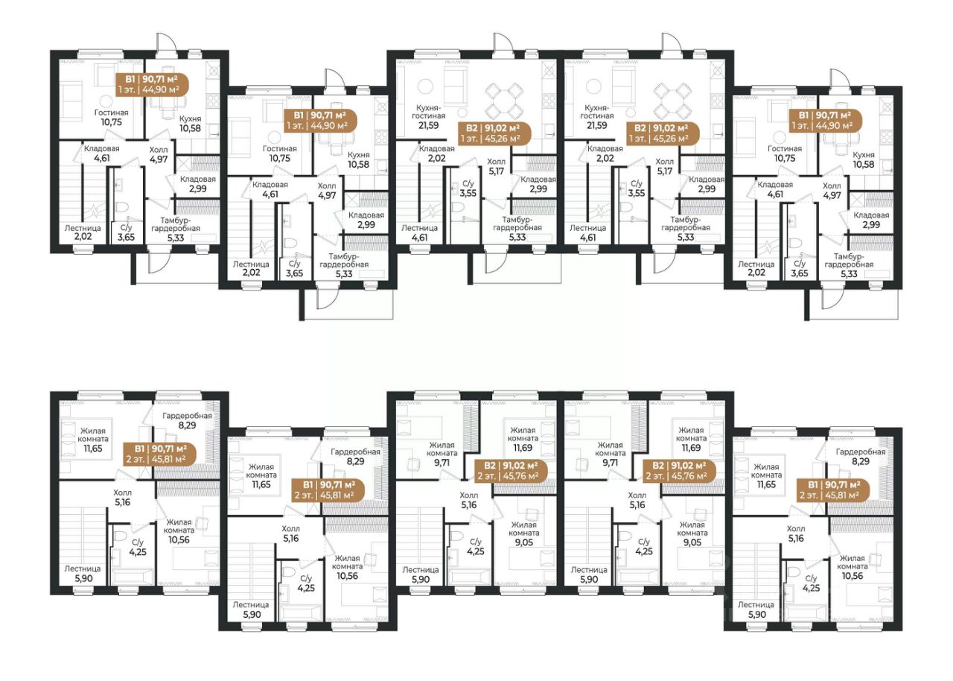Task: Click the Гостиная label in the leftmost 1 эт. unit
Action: pyautogui.click(x=112, y=118)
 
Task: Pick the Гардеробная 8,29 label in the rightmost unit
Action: pyautogui.click(x=861, y=456)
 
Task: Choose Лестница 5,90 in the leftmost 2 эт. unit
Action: pyautogui.click(x=83, y=573)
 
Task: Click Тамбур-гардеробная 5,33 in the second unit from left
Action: pyautogui.click(x=344, y=265)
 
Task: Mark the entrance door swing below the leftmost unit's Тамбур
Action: pyautogui.click(x=157, y=263)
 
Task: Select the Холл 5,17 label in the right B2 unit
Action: pyautogui.click(x=665, y=166)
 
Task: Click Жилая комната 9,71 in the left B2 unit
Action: pyautogui.click(x=442, y=454)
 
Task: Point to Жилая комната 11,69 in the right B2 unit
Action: pyautogui.click(x=692, y=439)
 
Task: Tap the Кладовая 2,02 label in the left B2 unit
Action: pyautogui.click(x=437, y=153)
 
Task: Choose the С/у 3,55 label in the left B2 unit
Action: pyautogui.click(x=468, y=189)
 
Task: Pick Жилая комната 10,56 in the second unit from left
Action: pyautogui.click(x=347, y=567)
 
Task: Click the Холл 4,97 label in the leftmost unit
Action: pyautogui.click(x=159, y=155)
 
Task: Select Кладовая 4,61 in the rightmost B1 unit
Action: pyautogui.click(x=775, y=190)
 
